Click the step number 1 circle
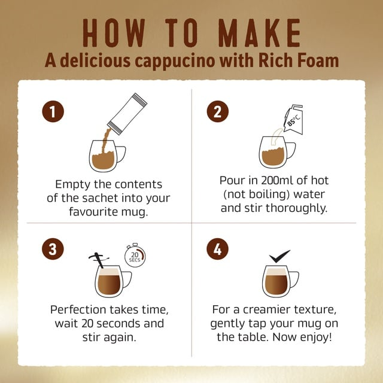53,111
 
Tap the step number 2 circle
218,111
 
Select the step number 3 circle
53,249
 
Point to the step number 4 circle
217,249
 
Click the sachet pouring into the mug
127,114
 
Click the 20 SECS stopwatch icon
135,256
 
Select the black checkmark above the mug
279,256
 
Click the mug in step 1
107,156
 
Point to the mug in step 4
281,281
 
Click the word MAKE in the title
260,33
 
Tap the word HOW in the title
114,33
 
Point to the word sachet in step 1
100,198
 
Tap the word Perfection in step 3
78,310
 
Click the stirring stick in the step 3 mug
99,260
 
